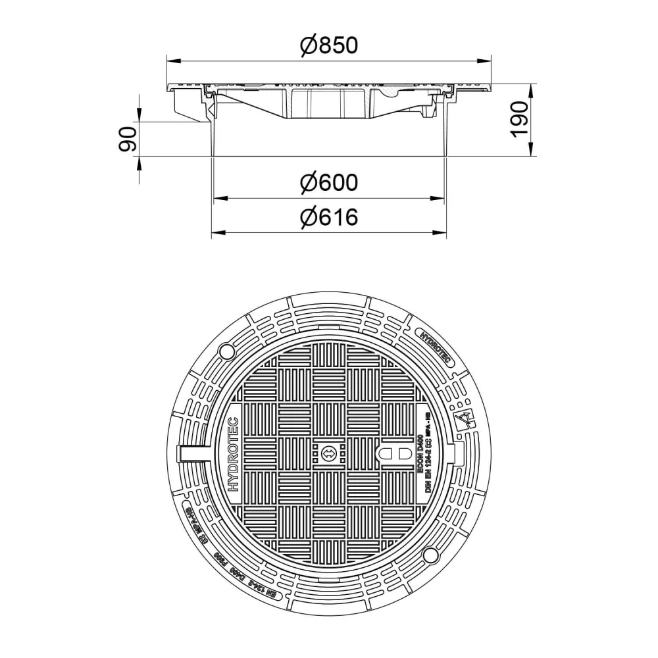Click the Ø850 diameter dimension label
coord(328,45)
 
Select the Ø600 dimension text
coord(328,182)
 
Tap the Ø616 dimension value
coord(328,217)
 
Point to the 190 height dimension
coord(520,119)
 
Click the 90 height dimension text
coord(128,139)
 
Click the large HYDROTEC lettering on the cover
coord(234,454)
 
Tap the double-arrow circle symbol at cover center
coord(329,453)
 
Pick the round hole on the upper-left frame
coord(225,349)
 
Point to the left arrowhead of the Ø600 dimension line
coord(216,197)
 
